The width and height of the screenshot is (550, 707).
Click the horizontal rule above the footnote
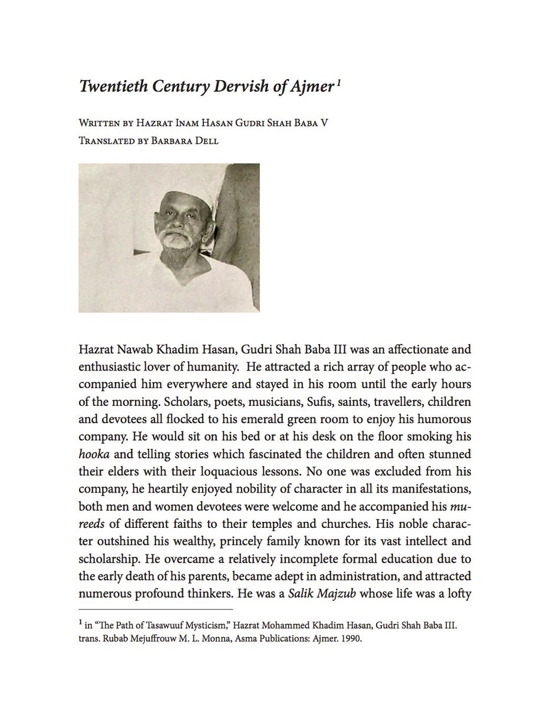156,609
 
